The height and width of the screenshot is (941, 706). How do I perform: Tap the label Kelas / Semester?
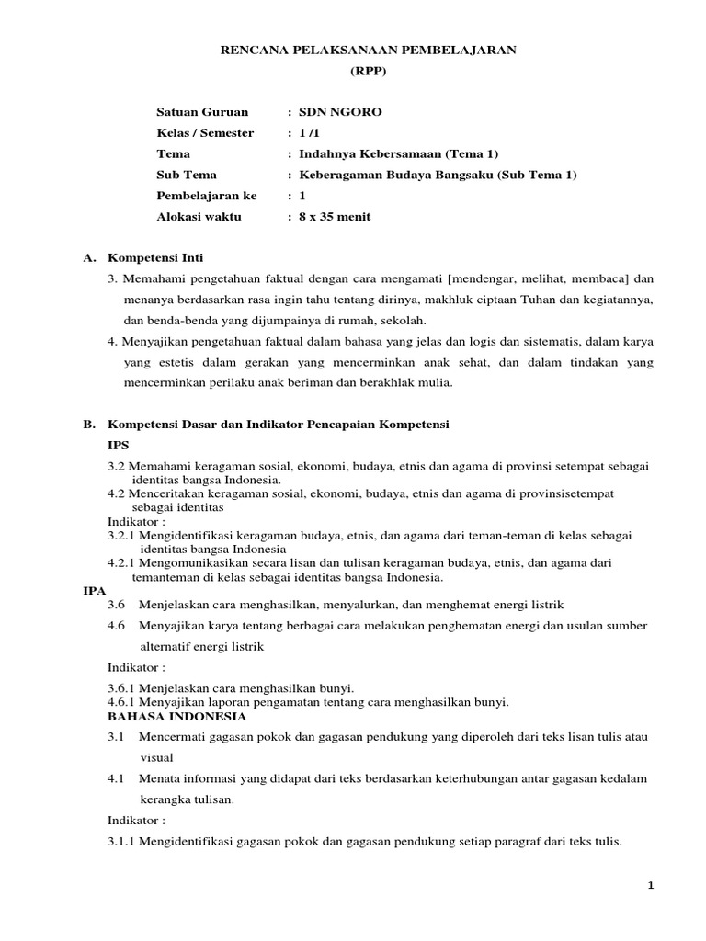(205, 133)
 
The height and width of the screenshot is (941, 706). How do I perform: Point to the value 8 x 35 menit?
(335, 217)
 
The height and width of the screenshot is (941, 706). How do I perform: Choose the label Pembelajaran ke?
(207, 196)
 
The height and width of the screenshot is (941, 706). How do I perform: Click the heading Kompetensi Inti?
(162, 258)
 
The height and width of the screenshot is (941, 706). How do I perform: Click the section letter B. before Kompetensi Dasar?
(88, 425)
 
